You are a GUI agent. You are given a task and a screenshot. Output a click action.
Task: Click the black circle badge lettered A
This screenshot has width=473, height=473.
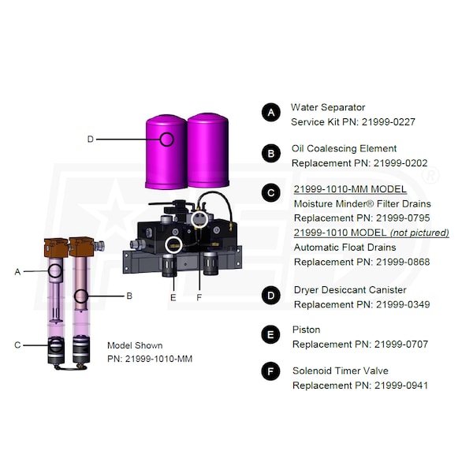click(271, 113)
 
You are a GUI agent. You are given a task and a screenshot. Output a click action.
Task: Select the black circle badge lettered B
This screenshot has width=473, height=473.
click(271, 153)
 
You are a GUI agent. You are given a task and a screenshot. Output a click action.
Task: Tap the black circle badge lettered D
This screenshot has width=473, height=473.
click(271, 296)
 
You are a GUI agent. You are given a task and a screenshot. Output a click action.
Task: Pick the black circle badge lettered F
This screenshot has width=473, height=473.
click(271, 371)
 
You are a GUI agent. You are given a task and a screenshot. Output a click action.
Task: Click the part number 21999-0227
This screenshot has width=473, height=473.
click(389, 122)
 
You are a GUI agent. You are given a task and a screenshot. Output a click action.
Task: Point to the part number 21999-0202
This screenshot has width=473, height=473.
click(400, 163)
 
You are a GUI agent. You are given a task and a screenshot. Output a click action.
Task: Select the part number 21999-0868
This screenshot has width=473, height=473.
click(403, 262)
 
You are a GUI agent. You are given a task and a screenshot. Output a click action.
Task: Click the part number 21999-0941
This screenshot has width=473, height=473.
click(401, 385)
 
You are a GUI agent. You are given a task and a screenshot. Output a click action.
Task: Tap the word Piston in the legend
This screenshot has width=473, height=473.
click(306, 330)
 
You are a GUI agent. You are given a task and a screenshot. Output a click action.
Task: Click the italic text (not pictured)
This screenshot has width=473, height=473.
click(419, 233)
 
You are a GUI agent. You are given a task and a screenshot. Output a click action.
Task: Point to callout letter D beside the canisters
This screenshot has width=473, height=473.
click(90, 139)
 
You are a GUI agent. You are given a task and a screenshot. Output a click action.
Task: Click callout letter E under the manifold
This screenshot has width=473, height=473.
click(173, 297)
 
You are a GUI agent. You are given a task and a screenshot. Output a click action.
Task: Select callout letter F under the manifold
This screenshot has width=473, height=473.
click(199, 297)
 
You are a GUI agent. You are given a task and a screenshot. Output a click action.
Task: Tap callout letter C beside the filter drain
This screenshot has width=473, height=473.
click(17, 345)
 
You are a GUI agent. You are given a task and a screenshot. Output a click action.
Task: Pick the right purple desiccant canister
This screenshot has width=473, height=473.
click(208, 151)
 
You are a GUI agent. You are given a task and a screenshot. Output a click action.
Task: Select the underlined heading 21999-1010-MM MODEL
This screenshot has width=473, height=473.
click(350, 189)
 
